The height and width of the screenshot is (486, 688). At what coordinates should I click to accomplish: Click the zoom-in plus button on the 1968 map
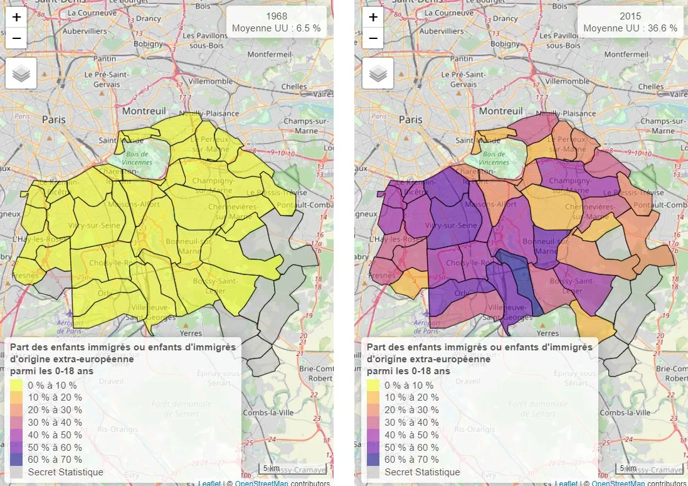point(16,18)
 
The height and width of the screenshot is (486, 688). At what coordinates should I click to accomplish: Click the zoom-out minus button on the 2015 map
point(373,38)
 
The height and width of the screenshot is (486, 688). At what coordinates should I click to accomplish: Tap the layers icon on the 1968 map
point(21,73)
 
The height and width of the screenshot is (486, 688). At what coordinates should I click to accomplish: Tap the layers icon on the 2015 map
point(378,73)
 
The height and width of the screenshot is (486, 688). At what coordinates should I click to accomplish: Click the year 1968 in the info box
point(277,16)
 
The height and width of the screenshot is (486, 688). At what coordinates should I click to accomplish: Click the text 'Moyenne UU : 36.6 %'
point(630,28)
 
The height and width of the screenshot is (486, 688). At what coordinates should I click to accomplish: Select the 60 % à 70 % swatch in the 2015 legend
point(374,460)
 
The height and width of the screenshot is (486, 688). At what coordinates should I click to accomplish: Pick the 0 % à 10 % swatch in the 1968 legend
point(18,386)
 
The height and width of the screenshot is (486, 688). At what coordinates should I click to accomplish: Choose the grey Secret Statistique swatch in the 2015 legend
point(374,472)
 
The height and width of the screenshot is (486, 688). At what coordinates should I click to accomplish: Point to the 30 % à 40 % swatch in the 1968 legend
point(18,423)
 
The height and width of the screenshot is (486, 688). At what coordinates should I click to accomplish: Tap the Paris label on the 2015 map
point(411,119)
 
